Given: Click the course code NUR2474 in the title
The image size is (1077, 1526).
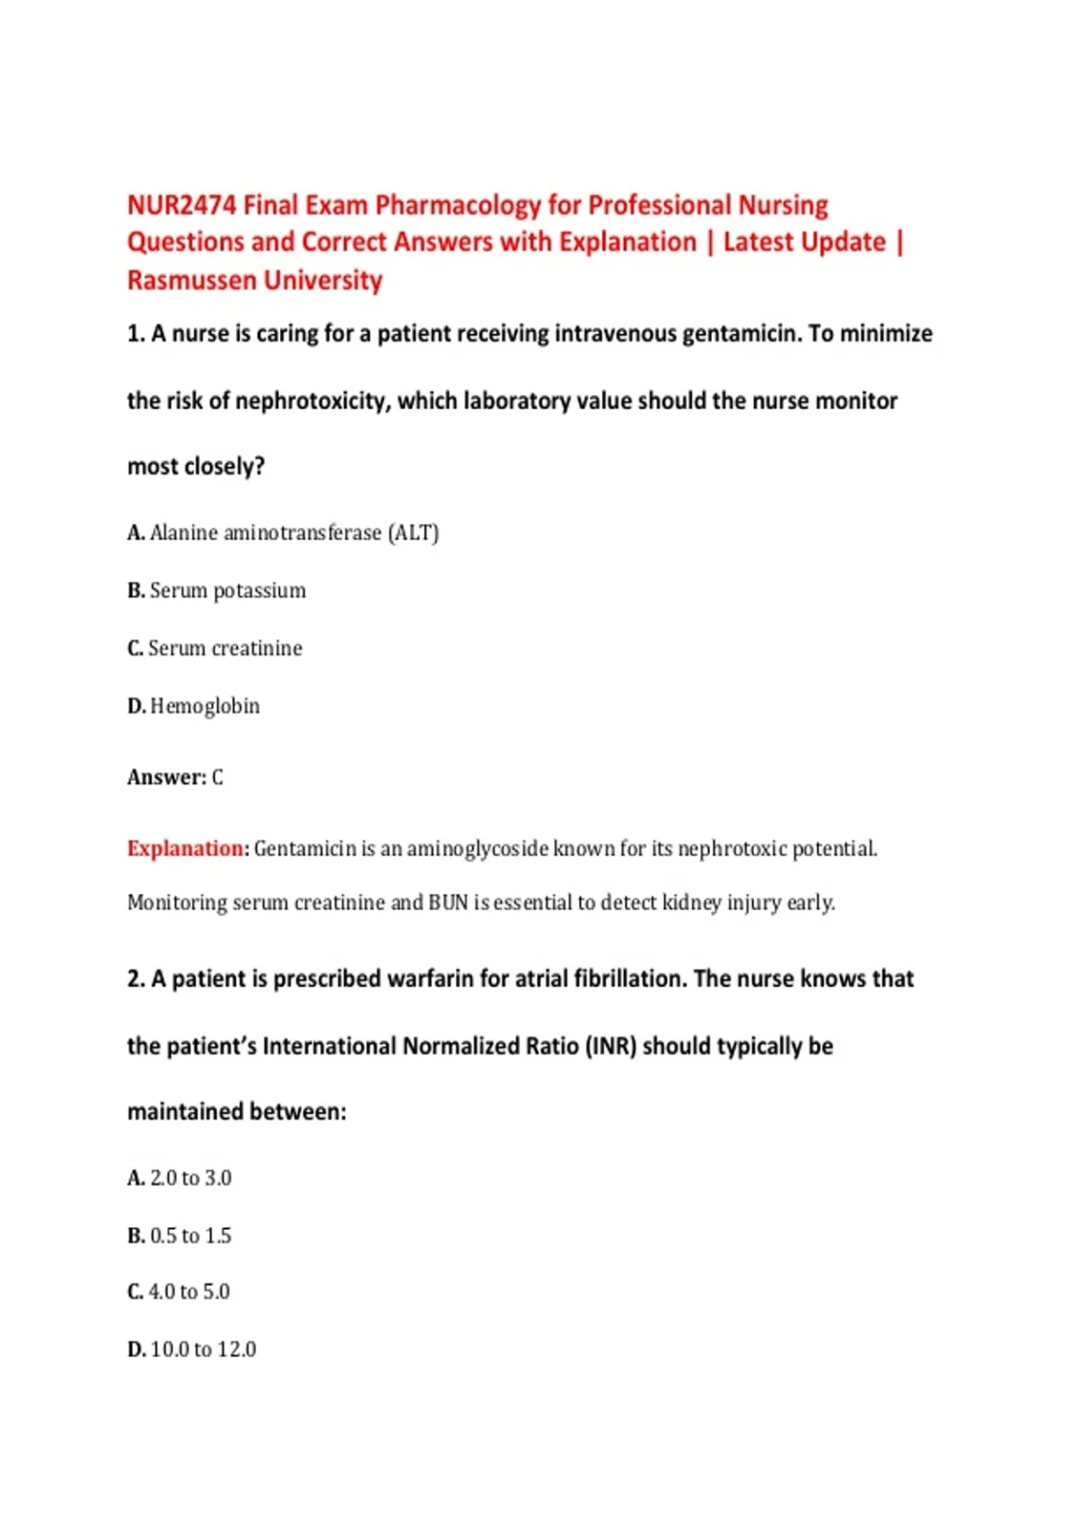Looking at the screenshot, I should coord(182,206).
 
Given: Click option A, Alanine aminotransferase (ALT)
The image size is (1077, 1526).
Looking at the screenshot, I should coord(283,533).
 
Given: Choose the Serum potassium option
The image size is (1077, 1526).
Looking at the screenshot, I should coord(216,591).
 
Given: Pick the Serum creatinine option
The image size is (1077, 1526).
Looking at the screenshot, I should coord(215,648).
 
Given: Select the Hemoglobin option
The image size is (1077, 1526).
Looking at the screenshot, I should coord(194,706).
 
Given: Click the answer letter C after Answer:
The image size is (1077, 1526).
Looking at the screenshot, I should coord(217,777).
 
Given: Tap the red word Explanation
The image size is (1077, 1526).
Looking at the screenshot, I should coord(185,848).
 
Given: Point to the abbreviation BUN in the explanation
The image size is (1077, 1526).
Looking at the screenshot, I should coord(448,902).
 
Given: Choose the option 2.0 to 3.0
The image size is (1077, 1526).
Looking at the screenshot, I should coord(179,1178).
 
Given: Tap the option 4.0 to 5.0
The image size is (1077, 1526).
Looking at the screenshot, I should coord(179,1292).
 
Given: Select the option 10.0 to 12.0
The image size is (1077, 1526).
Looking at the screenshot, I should coord(192,1349).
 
